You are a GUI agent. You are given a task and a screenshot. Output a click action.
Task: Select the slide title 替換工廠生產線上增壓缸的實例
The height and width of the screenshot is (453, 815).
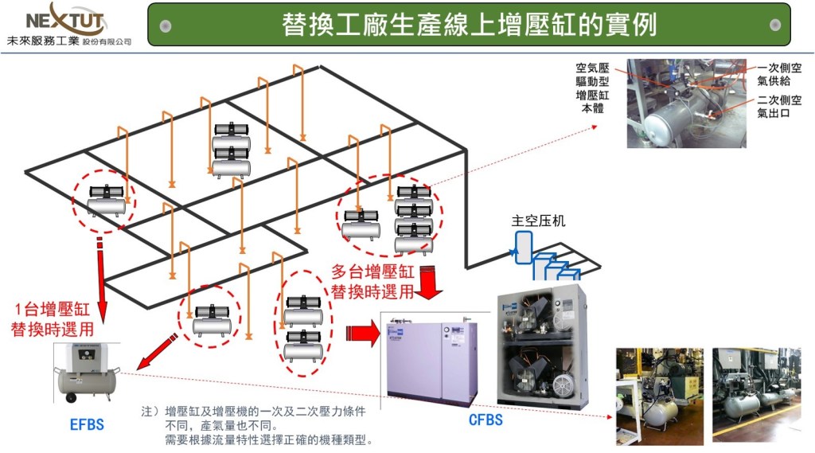pyautogui.click(x=470, y=25)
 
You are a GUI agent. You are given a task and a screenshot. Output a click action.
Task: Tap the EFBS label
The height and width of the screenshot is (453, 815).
pyautogui.click(x=87, y=425)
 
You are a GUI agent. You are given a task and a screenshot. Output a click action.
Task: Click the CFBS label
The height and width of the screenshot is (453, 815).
pyautogui.click(x=485, y=420)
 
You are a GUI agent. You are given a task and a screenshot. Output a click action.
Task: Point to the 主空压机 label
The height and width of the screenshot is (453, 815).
pyautogui.click(x=538, y=221)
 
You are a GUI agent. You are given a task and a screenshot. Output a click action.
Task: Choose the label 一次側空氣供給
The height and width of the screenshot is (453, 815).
pyautogui.click(x=779, y=74)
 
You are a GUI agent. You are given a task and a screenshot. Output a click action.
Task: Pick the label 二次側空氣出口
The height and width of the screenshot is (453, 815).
pyautogui.click(x=779, y=106)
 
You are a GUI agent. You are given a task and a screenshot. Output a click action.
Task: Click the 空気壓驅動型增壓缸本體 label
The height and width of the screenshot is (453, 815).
pyautogui.click(x=592, y=88)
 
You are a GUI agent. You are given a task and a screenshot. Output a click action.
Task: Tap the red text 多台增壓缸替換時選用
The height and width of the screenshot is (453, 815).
pyautogui.click(x=372, y=281)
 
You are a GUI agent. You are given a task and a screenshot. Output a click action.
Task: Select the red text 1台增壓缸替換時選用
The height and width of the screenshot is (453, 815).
pyautogui.click(x=52, y=319)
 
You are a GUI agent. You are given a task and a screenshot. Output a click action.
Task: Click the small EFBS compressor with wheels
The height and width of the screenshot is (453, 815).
pyautogui.click(x=87, y=373)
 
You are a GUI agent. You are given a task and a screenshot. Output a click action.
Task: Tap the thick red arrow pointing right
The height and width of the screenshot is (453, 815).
pyautogui.click(x=363, y=332)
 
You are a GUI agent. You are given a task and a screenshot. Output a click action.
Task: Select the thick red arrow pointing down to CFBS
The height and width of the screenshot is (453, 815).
pyautogui.click(x=429, y=283)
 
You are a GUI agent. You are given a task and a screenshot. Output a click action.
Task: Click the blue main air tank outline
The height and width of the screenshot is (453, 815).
pyautogui.click(x=523, y=248)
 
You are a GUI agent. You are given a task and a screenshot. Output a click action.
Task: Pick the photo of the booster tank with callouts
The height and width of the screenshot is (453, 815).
pyautogui.click(x=687, y=103)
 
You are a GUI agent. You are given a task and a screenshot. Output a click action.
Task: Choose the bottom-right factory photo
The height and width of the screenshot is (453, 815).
pyautogui.click(x=757, y=395)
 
